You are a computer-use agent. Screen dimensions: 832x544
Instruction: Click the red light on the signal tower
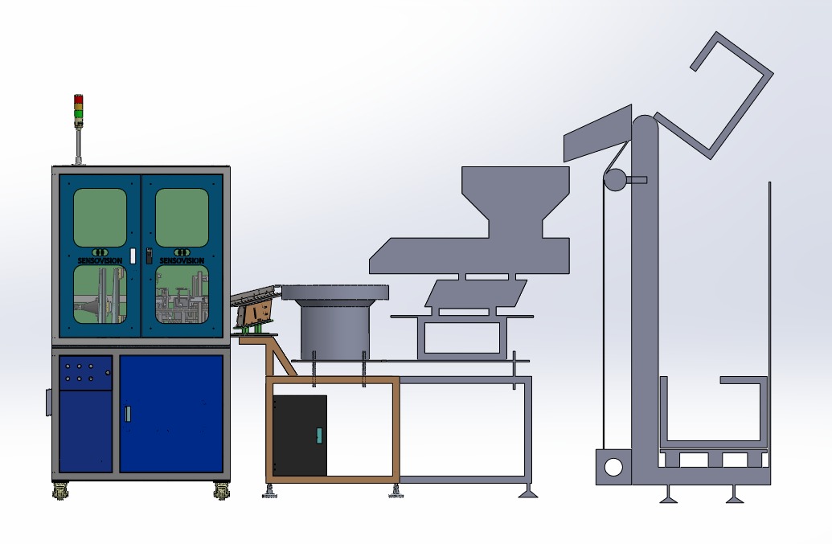click(79, 100)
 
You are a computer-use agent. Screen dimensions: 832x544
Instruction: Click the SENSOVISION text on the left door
click(100, 261)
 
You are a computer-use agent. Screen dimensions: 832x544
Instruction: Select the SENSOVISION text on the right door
click(182, 261)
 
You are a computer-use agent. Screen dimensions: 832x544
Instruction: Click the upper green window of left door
click(100, 218)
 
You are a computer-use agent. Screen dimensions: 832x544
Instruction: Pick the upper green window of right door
click(182, 218)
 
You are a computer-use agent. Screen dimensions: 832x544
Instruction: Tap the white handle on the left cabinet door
click(132, 255)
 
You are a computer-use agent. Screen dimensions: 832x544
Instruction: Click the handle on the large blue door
click(128, 414)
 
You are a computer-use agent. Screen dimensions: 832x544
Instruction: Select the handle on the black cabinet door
click(319, 436)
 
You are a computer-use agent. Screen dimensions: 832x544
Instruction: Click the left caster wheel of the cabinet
click(60, 492)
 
